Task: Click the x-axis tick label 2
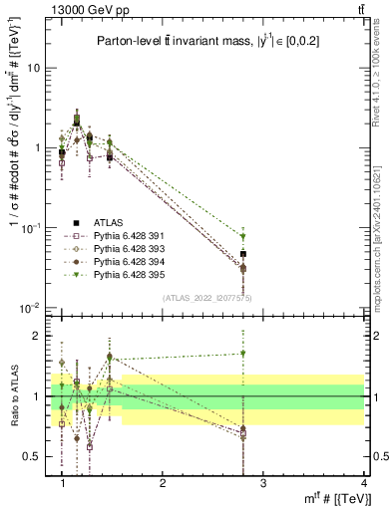(163, 483)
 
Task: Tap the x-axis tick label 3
(263, 483)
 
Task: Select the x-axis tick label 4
(363, 483)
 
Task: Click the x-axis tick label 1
(63, 483)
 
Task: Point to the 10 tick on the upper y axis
(35, 68)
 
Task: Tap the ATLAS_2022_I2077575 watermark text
(206, 298)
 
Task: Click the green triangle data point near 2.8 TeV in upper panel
(243, 237)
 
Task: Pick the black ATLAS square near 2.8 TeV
(243, 254)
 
